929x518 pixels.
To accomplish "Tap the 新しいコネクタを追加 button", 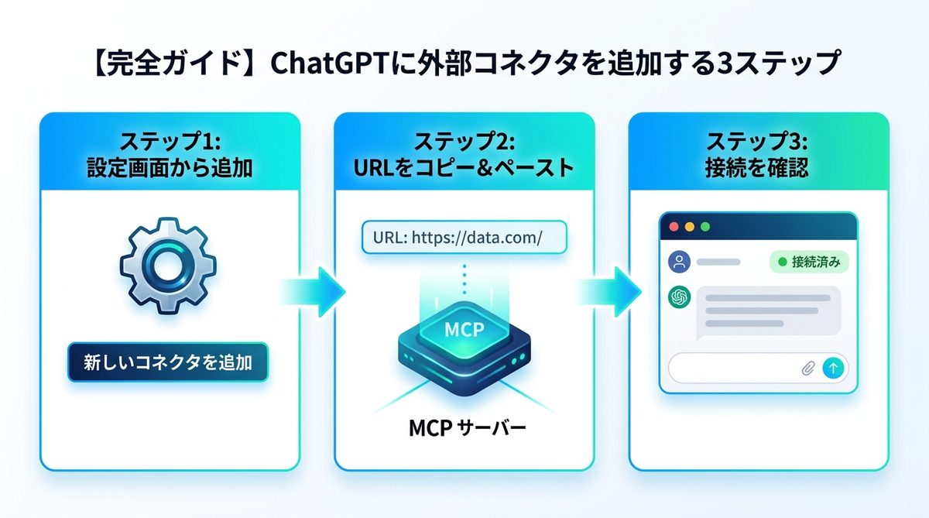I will [168, 362].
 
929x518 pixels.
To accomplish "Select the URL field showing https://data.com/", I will [464, 238].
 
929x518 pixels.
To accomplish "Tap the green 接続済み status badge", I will [809, 262].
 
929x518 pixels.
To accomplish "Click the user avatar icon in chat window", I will [679, 262].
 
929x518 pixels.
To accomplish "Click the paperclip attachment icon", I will [807, 369].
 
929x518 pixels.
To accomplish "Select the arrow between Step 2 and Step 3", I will [609, 291].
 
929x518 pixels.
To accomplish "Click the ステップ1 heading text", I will [170, 142].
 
